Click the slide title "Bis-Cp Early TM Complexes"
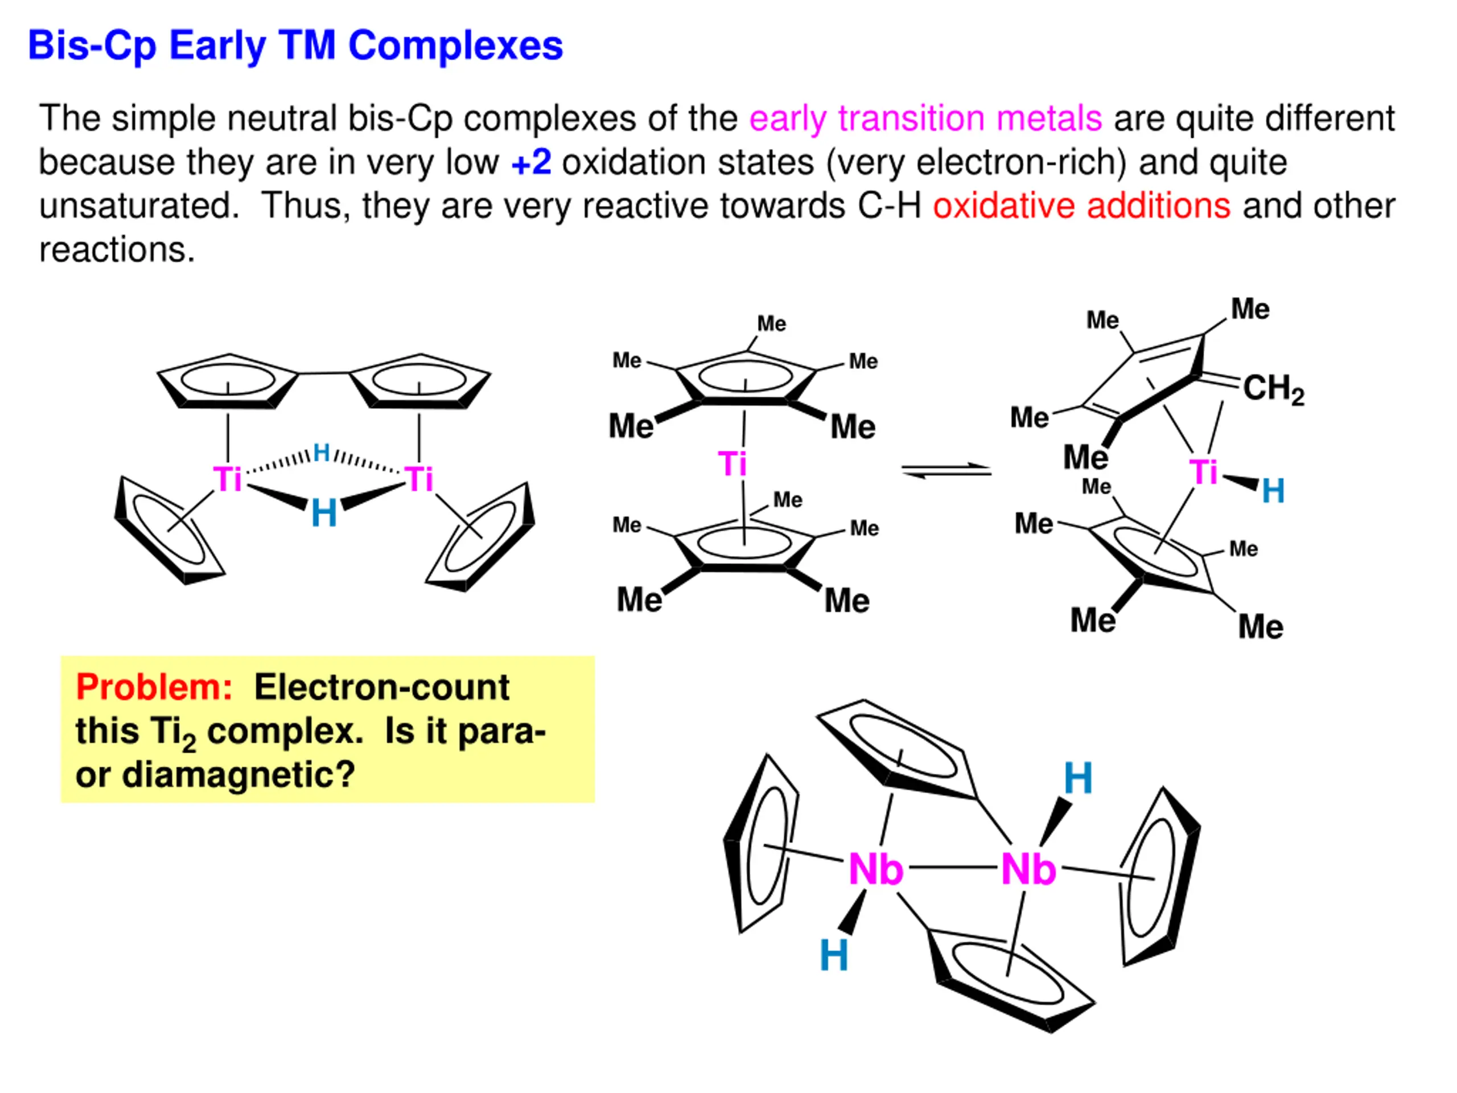pyautogui.click(x=295, y=46)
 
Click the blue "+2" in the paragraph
pyautogui.click(x=531, y=162)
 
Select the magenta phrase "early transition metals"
pyautogui.click(x=925, y=118)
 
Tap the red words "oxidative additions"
pyautogui.click(x=1081, y=206)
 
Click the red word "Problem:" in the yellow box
pyautogui.click(x=154, y=687)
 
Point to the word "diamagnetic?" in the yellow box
pyautogui.click(x=238, y=774)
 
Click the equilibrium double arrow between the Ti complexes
pyautogui.click(x=946, y=470)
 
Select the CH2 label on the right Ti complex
pyautogui.click(x=1273, y=388)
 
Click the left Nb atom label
pyautogui.click(x=875, y=870)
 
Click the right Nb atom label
pyautogui.click(x=1028, y=870)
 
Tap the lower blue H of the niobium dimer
pyautogui.click(x=833, y=955)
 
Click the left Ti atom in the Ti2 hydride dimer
pyautogui.click(x=227, y=479)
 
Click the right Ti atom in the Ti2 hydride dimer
pyautogui.click(x=419, y=479)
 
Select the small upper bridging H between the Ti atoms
pyautogui.click(x=322, y=453)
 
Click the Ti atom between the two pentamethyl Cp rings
pyautogui.click(x=732, y=464)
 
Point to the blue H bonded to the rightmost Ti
pyautogui.click(x=1273, y=491)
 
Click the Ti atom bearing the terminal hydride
pyautogui.click(x=1203, y=472)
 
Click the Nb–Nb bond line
pyautogui.click(x=952, y=868)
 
